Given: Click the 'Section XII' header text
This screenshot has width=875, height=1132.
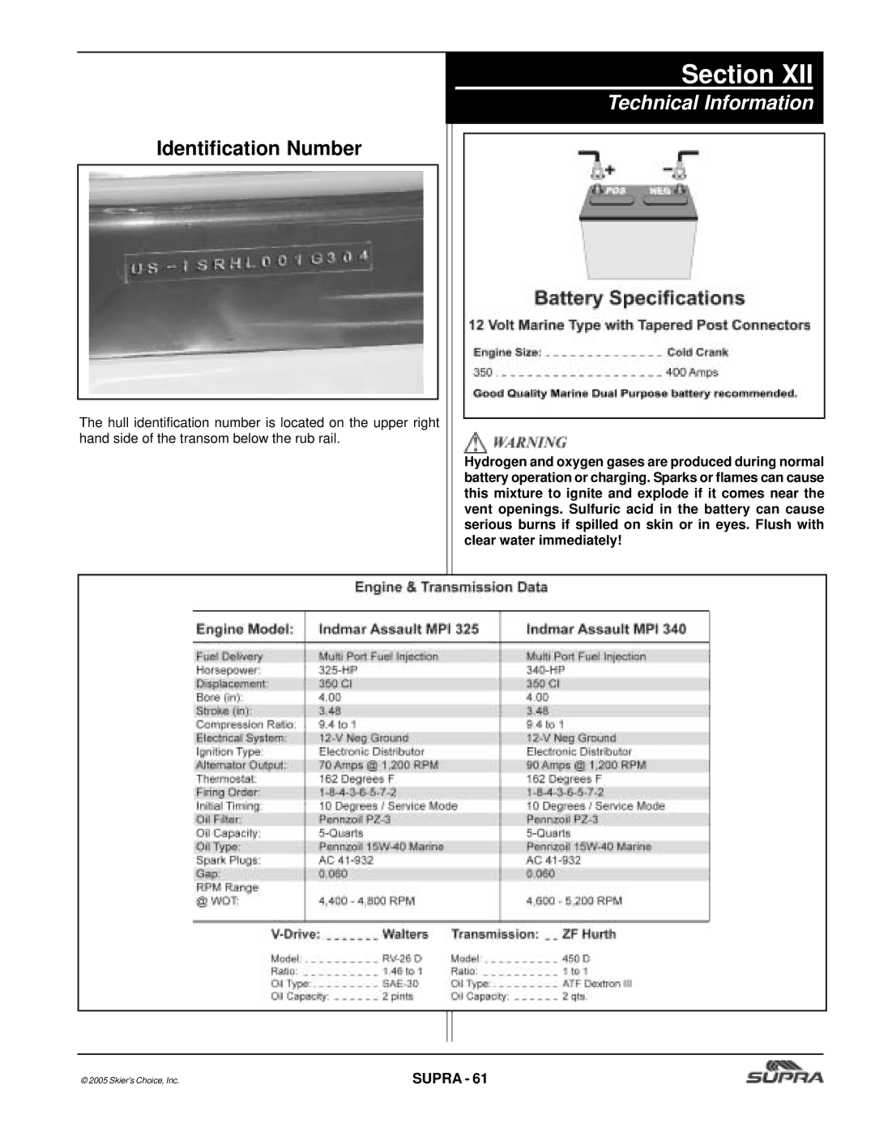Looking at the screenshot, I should [x=746, y=75].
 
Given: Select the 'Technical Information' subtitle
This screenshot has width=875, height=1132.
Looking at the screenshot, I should [x=711, y=103].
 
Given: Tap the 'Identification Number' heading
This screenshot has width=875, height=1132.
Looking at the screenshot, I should [x=258, y=148].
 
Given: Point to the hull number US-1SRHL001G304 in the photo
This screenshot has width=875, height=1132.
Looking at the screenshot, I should [x=249, y=263].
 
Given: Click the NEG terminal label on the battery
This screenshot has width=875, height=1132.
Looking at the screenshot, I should [x=660, y=190].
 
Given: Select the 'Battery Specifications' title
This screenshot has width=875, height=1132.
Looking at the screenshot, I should [x=639, y=298].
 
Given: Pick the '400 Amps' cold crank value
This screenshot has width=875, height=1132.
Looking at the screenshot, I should [x=692, y=373].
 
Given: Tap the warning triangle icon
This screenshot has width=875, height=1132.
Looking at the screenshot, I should [x=473, y=442].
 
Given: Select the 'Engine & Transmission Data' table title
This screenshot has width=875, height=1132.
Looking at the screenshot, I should [x=451, y=587].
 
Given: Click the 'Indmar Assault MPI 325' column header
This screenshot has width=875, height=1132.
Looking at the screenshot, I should [x=399, y=629].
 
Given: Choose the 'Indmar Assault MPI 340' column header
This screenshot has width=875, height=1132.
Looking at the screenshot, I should [x=606, y=629].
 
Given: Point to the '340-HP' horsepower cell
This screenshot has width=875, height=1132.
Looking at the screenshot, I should [x=545, y=670].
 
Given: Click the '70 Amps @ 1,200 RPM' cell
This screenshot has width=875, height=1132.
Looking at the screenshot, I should [x=378, y=765].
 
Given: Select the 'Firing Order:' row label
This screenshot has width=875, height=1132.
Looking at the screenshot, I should [x=228, y=792].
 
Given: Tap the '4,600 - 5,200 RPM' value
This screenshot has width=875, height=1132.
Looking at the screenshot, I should [x=574, y=900].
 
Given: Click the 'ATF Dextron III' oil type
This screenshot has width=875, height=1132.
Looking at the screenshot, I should [x=597, y=984].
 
